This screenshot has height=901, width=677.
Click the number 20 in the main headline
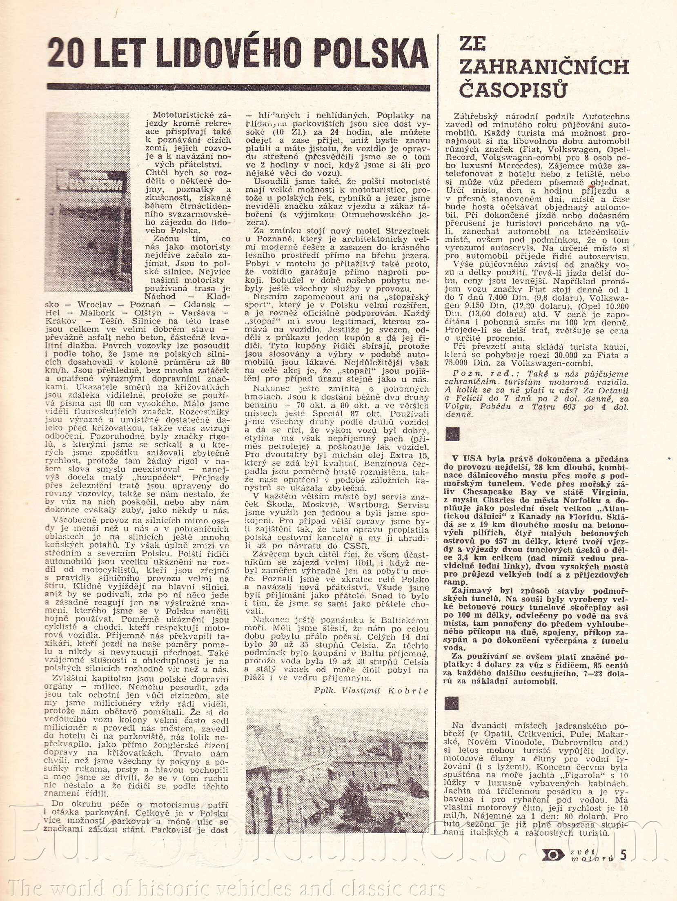[x=66, y=54]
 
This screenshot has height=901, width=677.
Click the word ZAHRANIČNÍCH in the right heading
[x=544, y=67]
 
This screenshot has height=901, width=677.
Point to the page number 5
[x=624, y=855]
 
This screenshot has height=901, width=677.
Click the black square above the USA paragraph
[x=452, y=434]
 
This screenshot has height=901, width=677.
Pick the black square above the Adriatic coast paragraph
[x=452, y=703]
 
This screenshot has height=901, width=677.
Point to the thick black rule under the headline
[x=238, y=87]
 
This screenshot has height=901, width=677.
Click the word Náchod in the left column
[x=160, y=297]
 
